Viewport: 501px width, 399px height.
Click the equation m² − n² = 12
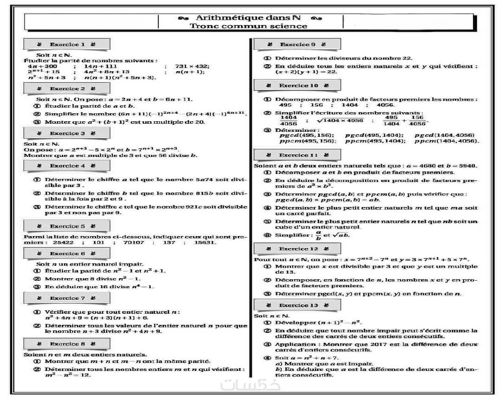(68, 375)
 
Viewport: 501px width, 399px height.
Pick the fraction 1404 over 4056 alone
(288, 121)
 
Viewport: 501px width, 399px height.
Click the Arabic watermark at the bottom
(250, 385)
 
